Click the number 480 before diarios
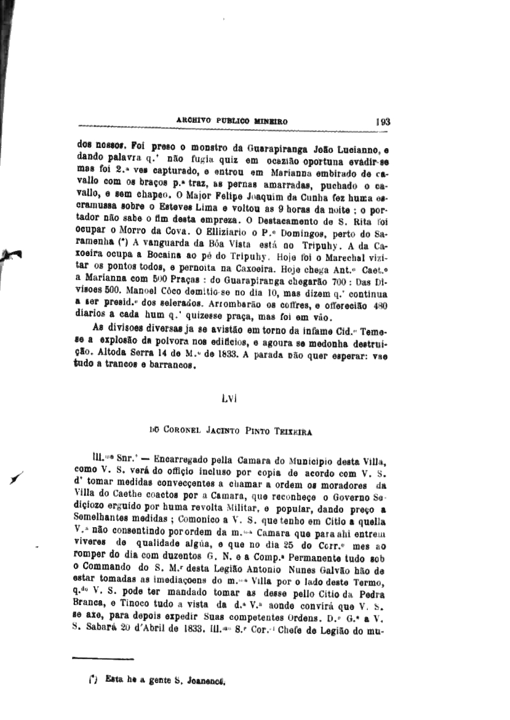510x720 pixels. pos(380,307)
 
